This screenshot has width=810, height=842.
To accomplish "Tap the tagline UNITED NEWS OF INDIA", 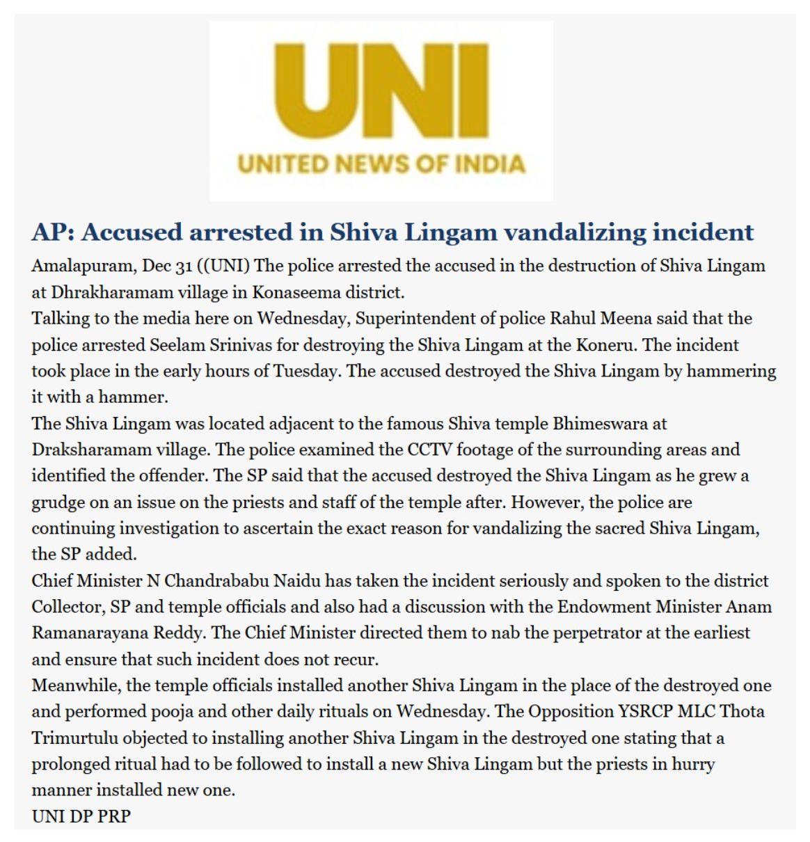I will click(x=381, y=164).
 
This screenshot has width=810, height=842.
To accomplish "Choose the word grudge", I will click(x=59, y=502).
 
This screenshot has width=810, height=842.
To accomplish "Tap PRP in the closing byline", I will click(x=114, y=816).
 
